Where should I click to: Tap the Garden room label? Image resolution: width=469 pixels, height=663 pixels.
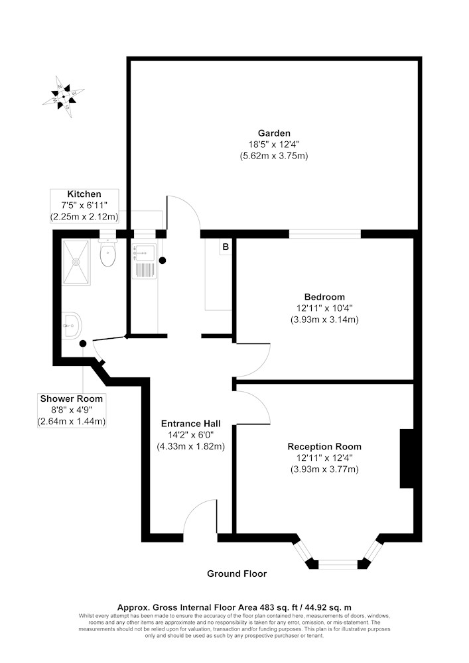[274, 133]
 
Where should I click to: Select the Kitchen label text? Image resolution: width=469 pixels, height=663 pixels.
[84, 194]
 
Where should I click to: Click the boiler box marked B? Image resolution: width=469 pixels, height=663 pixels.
[226, 247]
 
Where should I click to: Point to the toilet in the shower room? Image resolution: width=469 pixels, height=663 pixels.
[107, 254]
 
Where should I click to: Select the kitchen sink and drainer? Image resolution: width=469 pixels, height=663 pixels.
[143, 261]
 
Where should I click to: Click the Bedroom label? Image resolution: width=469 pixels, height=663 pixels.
[324, 296]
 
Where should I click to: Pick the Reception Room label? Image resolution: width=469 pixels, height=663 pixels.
[324, 447]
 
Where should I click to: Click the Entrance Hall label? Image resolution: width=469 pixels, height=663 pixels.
[190, 423]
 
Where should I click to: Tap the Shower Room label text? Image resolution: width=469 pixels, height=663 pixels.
[72, 398]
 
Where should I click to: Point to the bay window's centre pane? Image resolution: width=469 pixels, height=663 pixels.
[338, 564]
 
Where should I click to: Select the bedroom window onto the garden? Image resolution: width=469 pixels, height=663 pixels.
[325, 233]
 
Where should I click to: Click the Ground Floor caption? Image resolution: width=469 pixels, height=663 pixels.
[237, 573]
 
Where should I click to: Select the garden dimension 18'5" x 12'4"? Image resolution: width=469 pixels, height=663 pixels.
[274, 144]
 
